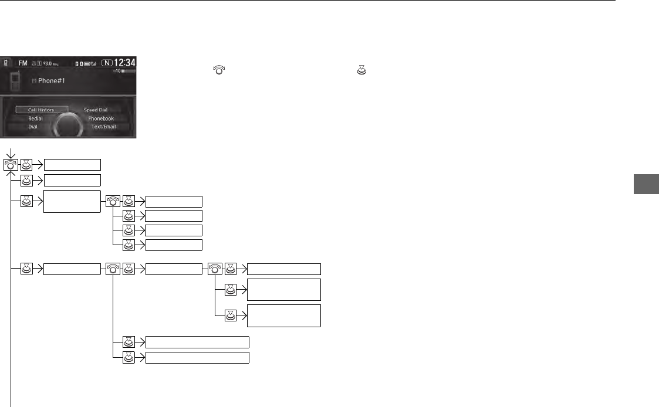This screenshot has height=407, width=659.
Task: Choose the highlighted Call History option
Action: (41, 110)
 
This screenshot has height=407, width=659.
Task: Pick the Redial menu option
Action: (36, 118)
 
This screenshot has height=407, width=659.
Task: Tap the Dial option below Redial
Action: (33, 127)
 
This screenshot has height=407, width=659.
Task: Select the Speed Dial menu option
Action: (95, 110)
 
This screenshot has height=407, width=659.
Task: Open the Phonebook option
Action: (101, 118)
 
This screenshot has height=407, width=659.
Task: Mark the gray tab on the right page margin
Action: (646, 184)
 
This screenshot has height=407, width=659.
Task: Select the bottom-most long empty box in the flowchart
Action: (197, 358)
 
